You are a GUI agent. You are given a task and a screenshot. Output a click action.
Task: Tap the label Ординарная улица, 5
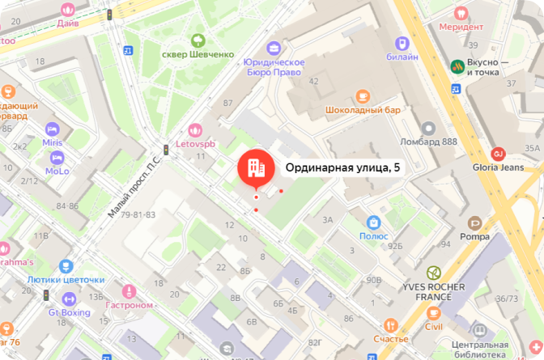pyautogui.click(x=343, y=167)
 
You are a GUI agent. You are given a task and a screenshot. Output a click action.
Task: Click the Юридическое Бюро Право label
pyautogui.click(x=274, y=67)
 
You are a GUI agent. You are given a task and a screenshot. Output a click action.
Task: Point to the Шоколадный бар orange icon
pyautogui.click(x=363, y=94)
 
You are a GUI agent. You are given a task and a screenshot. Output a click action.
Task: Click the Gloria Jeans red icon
pyautogui.click(x=499, y=154)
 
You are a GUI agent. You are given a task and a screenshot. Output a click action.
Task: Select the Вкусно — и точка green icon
pyautogui.click(x=456, y=66)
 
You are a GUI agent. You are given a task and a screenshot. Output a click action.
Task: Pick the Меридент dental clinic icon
pyautogui.click(x=461, y=12)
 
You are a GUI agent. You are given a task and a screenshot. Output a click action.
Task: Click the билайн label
pyautogui.click(x=402, y=57)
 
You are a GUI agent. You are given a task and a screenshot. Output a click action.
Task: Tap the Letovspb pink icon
pyautogui.click(x=194, y=129)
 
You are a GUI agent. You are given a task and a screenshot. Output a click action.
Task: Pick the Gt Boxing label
pyautogui.click(x=70, y=311)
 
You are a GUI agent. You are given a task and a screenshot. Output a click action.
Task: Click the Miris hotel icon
pyautogui.click(x=53, y=129)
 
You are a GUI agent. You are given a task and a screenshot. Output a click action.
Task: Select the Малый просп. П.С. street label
pyautogui.click(x=135, y=188)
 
